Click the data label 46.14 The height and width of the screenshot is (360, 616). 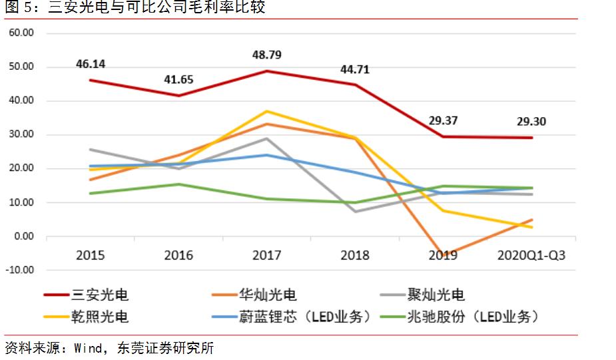click(x=90, y=65)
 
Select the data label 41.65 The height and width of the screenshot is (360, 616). click(x=178, y=80)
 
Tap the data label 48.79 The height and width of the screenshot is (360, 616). click(x=267, y=55)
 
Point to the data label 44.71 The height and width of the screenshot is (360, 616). click(x=356, y=69)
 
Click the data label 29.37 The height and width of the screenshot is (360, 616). click(x=444, y=122)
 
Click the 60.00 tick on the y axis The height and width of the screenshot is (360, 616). click(x=23, y=33)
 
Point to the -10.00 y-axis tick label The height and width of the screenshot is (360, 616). click(x=20, y=270)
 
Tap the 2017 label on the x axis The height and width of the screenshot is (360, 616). click(x=267, y=256)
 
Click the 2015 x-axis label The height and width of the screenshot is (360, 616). click(x=90, y=256)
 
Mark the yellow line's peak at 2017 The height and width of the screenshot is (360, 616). click(x=267, y=111)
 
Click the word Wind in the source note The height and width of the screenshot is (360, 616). click(x=88, y=348)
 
